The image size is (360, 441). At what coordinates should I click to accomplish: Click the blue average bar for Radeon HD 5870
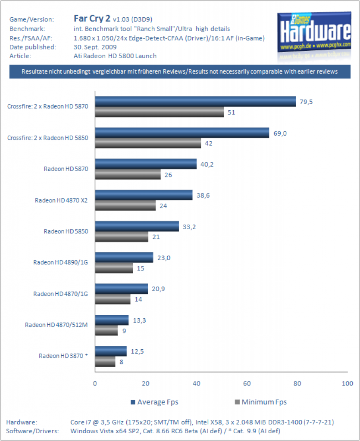146,164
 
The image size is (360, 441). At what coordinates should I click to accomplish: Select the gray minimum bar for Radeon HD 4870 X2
125,205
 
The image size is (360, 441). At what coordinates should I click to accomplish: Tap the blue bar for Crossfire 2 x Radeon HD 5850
182,133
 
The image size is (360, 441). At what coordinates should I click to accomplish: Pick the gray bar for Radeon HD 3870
105,361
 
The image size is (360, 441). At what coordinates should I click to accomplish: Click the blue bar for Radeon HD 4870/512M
112,320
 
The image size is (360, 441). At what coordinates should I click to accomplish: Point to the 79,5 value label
306,102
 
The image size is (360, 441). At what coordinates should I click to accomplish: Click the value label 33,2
189,227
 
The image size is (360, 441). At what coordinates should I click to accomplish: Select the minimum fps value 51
232,112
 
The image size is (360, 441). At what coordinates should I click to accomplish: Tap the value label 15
141,268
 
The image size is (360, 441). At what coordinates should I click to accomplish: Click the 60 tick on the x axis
247,383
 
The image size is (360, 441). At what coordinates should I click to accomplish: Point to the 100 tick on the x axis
347,383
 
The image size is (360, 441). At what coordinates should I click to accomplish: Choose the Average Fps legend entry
154,402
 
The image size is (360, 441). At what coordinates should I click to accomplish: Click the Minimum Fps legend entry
261,402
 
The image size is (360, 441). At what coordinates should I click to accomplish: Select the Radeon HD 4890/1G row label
60,262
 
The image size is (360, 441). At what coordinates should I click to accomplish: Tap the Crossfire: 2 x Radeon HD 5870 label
47,106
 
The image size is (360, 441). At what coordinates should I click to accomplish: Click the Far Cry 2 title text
92,19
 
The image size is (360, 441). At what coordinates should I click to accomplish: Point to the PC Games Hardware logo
314,32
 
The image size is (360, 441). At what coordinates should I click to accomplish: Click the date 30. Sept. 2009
95,47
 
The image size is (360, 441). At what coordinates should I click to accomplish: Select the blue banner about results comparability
180,71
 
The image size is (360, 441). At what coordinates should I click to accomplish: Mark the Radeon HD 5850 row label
66,231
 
